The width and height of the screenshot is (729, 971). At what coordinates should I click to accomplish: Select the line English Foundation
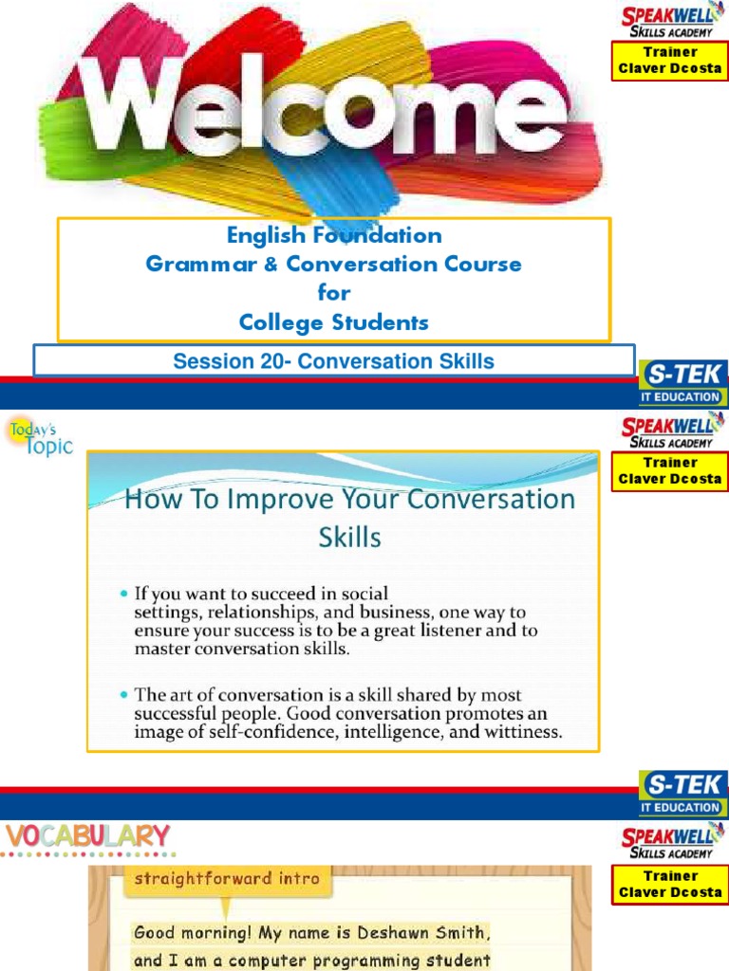[x=333, y=235]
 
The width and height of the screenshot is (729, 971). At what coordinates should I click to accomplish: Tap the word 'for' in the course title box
[x=333, y=293]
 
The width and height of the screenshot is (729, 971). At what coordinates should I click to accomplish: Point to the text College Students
[x=333, y=322]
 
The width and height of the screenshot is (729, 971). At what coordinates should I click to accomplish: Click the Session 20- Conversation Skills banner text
[x=333, y=361]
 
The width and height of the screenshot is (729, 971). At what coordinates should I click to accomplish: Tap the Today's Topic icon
[x=39, y=438]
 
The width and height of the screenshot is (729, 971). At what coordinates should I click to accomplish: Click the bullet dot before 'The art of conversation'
[x=124, y=695]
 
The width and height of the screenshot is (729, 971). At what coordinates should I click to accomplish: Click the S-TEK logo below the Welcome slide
[x=682, y=383]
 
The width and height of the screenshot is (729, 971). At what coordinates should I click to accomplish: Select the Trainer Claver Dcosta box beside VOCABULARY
[x=670, y=884]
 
